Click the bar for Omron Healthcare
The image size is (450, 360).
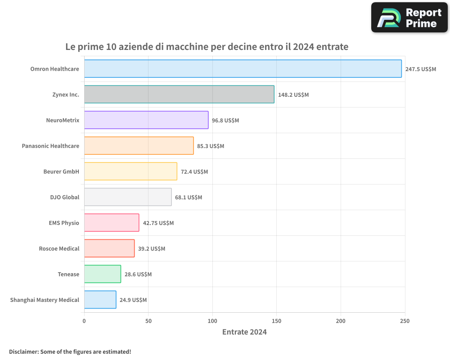(x=243, y=69)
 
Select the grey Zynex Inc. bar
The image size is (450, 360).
(x=179, y=94)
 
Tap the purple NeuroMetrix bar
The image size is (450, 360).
(x=146, y=120)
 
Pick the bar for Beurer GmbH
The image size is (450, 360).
(x=130, y=171)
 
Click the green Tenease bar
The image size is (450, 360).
(x=103, y=274)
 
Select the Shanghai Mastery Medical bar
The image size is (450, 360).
(x=100, y=300)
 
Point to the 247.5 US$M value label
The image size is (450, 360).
(x=420, y=69)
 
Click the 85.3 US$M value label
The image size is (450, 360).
(x=211, y=146)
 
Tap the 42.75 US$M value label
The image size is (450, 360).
(x=158, y=223)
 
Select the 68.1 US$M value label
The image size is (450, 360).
(x=189, y=198)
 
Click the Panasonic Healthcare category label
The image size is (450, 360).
(x=50, y=146)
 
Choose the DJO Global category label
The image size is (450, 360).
(x=64, y=197)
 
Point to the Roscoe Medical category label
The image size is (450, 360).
(x=59, y=248)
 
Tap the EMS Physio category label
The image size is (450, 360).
(x=64, y=223)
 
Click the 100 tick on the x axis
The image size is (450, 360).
(x=212, y=321)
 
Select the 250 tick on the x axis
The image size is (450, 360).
(x=405, y=321)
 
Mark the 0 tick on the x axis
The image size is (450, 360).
(x=84, y=321)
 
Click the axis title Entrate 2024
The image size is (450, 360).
(x=244, y=332)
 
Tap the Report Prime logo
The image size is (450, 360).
(x=409, y=18)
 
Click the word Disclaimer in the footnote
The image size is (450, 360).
(x=23, y=351)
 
